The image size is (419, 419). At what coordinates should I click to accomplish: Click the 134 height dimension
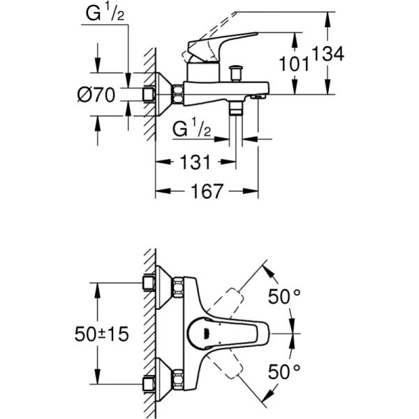pyautogui.click(x=328, y=54)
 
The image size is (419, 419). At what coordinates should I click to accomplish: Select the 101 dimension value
pyautogui.click(x=294, y=64)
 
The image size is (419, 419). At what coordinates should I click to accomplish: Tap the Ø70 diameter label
pyautogui.click(x=96, y=95)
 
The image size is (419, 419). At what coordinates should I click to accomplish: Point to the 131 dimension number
pyautogui.click(x=196, y=162)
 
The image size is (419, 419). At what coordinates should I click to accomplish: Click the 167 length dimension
pyautogui.click(x=207, y=191)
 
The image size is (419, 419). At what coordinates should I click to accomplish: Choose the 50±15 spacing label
pyautogui.click(x=101, y=334)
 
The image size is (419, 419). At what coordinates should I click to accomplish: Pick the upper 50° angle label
pyautogui.click(x=284, y=297)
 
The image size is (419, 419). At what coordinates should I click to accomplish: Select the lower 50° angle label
pyautogui.click(x=284, y=372)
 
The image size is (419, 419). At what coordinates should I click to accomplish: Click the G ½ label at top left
pyautogui.click(x=105, y=13)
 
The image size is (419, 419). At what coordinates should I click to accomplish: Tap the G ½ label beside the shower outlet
pyautogui.click(x=191, y=128)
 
